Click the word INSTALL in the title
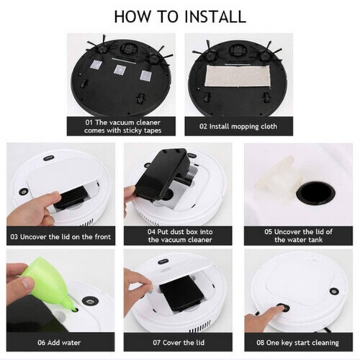pyautogui.click(x=215, y=17)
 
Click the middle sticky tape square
pyautogui.click(x=120, y=70)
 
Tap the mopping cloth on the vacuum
pyautogui.click(x=238, y=76)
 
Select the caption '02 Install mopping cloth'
pyautogui.click(x=238, y=126)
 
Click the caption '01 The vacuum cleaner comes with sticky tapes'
pyautogui.click(x=122, y=127)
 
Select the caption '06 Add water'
pyautogui.click(x=59, y=343)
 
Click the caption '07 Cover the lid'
pyautogui.click(x=179, y=343)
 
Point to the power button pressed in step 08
pyautogui.click(x=283, y=307)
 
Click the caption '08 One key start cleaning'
pyautogui.click(x=297, y=343)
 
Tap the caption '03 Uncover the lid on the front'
pyautogui.click(x=60, y=237)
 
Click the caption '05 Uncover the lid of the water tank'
pyautogui.click(x=298, y=235)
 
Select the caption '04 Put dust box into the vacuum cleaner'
pyautogui.click(x=180, y=235)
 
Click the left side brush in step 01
pyautogui.click(x=99, y=48)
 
